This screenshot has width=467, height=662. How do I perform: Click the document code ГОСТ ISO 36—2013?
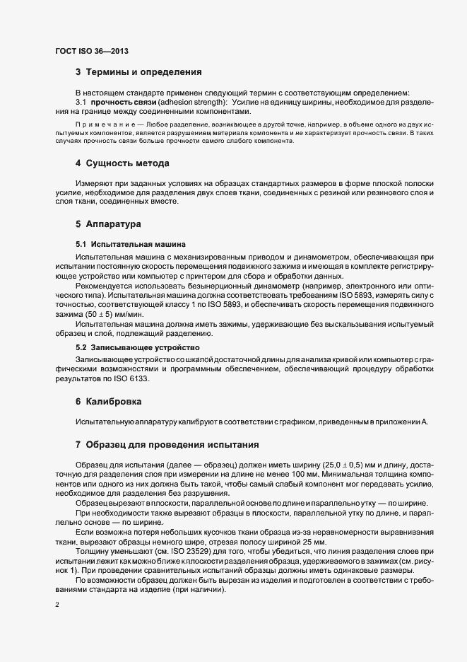90,51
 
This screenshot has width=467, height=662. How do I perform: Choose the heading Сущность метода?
127,164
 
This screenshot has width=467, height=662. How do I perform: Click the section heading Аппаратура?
114,224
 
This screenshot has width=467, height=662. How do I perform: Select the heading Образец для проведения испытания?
172,445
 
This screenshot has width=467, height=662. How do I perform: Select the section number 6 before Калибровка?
78,402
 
